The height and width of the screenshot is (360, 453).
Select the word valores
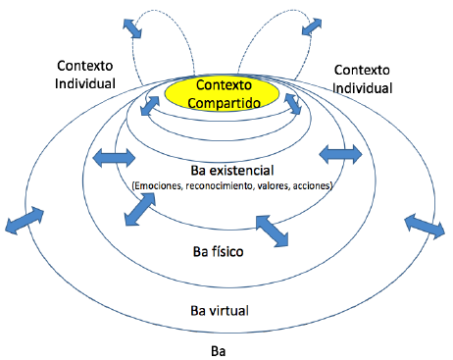tap(274, 186)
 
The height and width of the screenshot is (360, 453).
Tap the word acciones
tap(313, 186)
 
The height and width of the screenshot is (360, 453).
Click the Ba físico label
tap(219, 251)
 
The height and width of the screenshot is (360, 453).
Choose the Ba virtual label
tap(219, 311)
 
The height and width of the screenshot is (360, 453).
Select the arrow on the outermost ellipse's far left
tap(26, 220)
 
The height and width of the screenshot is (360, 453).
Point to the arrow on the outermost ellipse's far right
tap(425, 227)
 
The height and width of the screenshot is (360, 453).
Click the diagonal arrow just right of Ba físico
tap(275, 231)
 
